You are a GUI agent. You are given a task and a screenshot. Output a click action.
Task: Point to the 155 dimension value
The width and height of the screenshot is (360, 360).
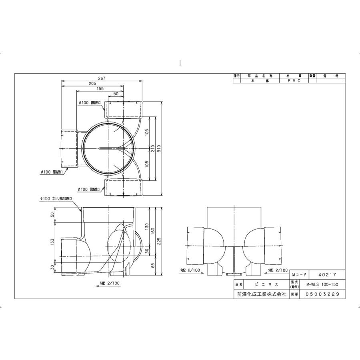[x=100, y=89]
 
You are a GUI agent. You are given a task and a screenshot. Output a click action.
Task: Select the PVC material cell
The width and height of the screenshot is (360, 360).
[x=292, y=80]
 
